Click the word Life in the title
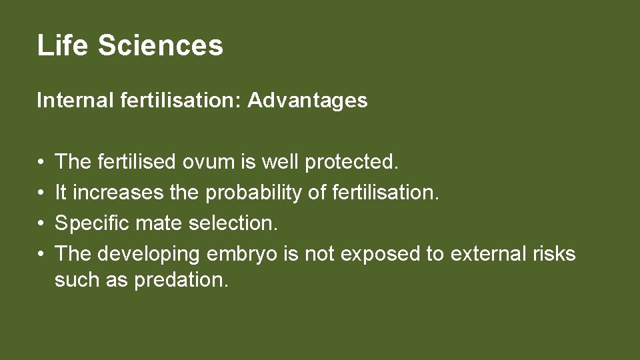(63, 45)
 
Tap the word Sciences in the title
(160, 45)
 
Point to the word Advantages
(307, 101)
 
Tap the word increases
(117, 193)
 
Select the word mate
(159, 223)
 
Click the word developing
(149, 254)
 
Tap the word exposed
(369, 254)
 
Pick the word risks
(553, 254)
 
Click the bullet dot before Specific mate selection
(41, 223)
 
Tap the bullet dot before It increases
(41, 193)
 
